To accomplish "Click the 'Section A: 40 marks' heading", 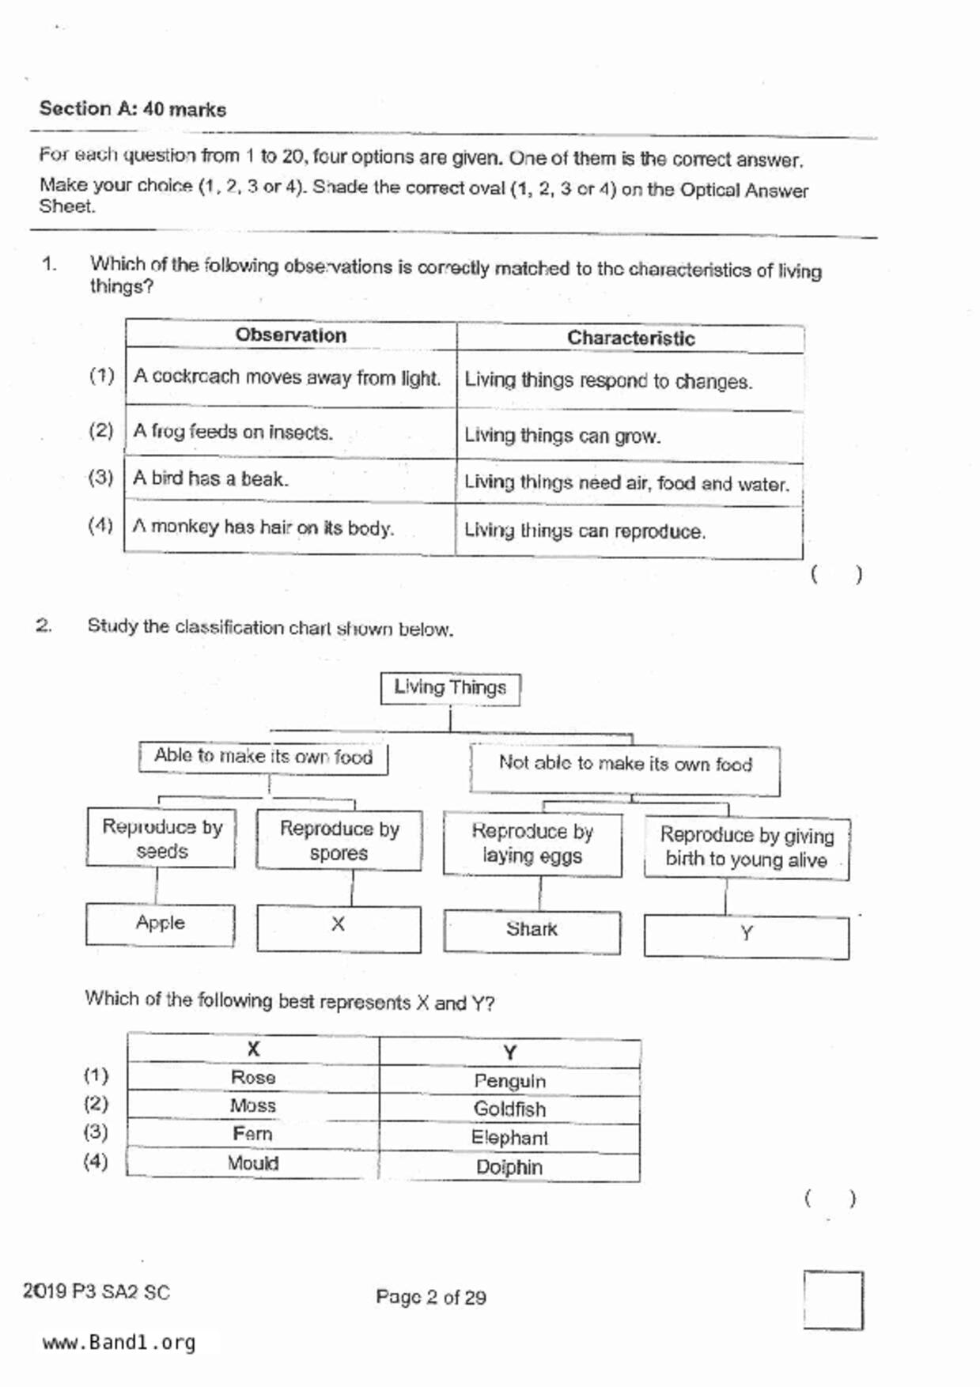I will click(133, 108).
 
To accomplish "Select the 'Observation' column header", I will click(290, 335).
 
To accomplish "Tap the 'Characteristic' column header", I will click(630, 338).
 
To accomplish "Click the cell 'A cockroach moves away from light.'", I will click(287, 378).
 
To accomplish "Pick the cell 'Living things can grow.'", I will click(562, 436).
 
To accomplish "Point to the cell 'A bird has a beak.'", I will click(210, 478).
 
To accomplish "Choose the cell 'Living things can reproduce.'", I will click(585, 531).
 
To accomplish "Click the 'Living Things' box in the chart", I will click(450, 688).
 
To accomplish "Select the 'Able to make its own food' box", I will click(263, 757).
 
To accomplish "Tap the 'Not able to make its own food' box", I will click(625, 765).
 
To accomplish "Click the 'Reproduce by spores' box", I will click(339, 841).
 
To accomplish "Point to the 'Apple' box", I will click(161, 924).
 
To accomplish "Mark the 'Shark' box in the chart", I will click(532, 930).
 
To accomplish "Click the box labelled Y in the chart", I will click(746, 935).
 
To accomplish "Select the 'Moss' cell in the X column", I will click(253, 1105).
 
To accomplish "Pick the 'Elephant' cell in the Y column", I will click(509, 1138).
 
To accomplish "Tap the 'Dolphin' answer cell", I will click(509, 1167).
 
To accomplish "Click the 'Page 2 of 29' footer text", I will click(431, 1298).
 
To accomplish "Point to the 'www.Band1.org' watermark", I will click(119, 1343).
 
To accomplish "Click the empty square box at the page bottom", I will click(833, 1300).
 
